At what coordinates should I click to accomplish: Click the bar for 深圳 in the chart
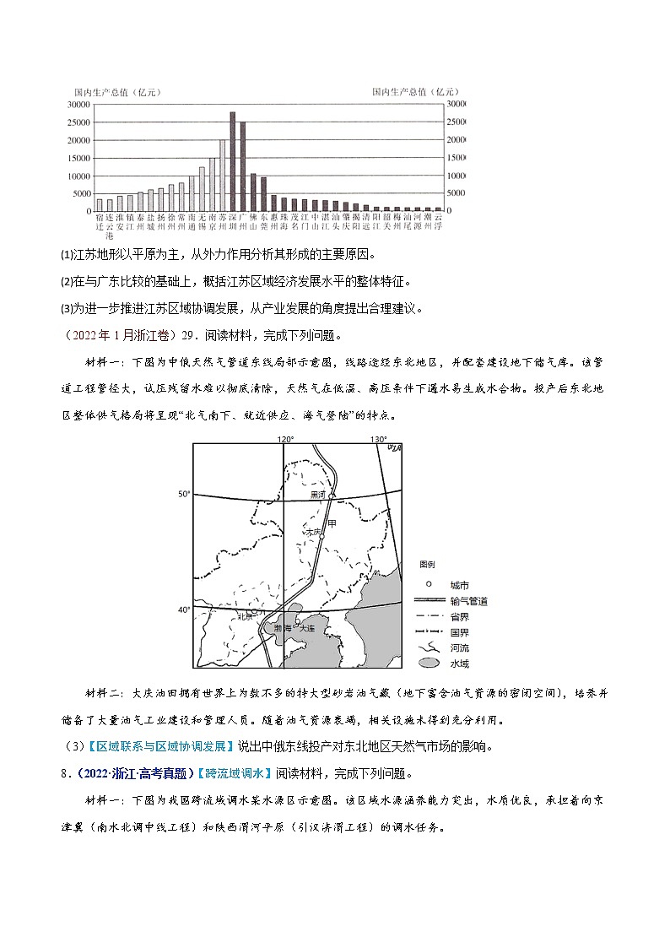pos(233,161)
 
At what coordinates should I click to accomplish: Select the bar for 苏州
pos(223,175)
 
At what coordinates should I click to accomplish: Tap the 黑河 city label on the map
pos(317,495)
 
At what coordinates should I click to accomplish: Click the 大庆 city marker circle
pos(321,536)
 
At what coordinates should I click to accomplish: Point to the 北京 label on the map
pos(245,616)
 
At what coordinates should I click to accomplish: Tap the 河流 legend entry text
pos(459,648)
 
